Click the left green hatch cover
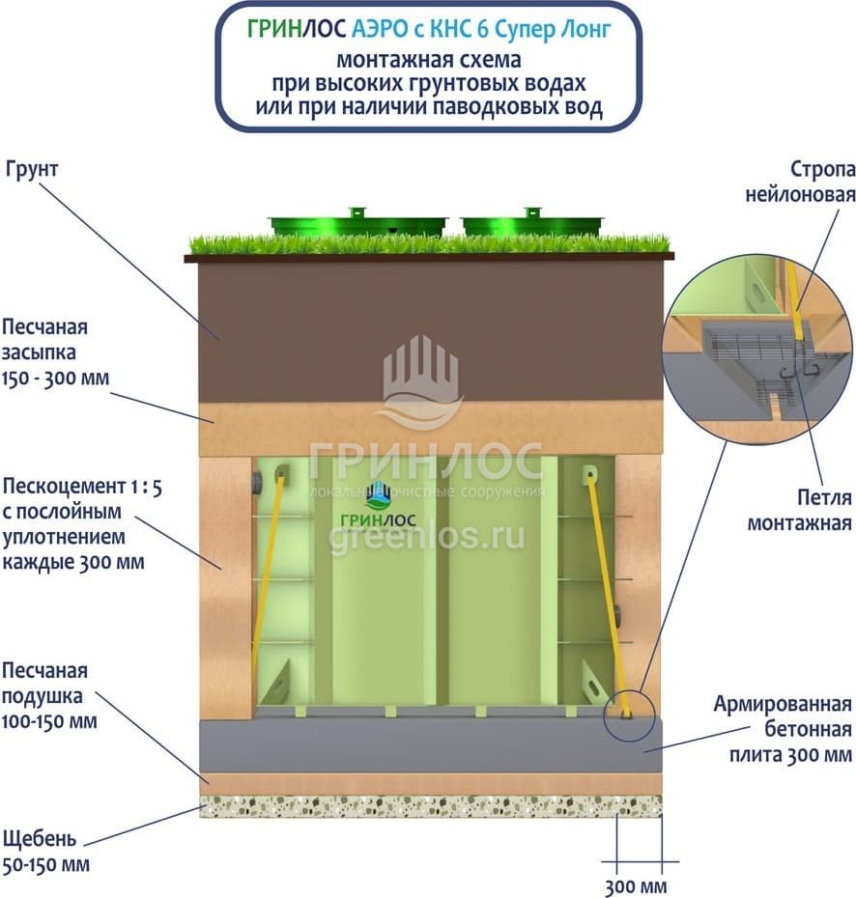click(x=358, y=225)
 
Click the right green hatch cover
click(x=533, y=224)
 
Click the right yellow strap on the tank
click(x=606, y=589)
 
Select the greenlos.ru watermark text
click(x=427, y=539)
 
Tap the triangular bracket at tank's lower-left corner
click(x=273, y=687)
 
